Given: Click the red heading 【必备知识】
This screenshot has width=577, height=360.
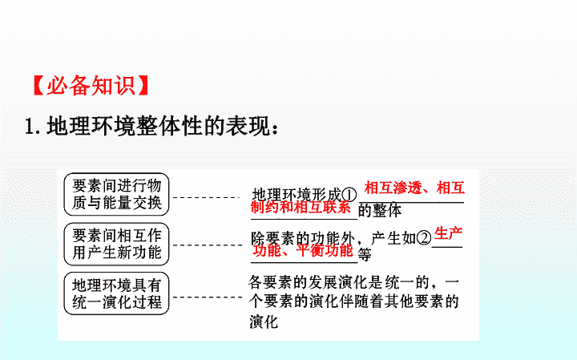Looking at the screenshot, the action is coord(91,86).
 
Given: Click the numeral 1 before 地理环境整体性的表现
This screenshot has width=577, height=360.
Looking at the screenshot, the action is coord(30,127).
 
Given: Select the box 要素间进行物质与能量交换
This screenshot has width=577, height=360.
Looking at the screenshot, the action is coord(116,194).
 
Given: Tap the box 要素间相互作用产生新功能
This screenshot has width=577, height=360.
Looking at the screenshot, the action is coord(116,244).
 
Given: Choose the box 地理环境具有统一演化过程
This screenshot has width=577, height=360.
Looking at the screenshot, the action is coord(116,293).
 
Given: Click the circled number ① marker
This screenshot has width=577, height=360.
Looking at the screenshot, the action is coord(349,195).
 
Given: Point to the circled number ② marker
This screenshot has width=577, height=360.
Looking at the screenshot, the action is coord(424,238).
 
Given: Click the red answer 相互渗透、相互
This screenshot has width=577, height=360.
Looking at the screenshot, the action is coord(414,188).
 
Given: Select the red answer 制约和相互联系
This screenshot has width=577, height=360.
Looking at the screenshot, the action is coord(301,207).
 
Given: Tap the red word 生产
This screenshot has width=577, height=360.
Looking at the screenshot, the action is coord(448,233).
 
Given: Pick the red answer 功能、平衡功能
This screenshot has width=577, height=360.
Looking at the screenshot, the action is coord(303,251).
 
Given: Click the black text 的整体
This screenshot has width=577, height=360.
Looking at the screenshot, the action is coord(380,211).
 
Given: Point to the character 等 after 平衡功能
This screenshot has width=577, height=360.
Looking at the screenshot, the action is coord(365,255).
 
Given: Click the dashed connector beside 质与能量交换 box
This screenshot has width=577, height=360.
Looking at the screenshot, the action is coord(207,198).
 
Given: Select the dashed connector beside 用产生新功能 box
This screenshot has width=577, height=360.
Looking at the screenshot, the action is coord(208,245).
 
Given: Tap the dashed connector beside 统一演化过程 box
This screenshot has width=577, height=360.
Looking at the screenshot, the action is coord(208,297).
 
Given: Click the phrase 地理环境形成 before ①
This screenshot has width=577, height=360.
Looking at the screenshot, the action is coord(297,195).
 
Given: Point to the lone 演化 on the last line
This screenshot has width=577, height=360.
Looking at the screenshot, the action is coord(264,322).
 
